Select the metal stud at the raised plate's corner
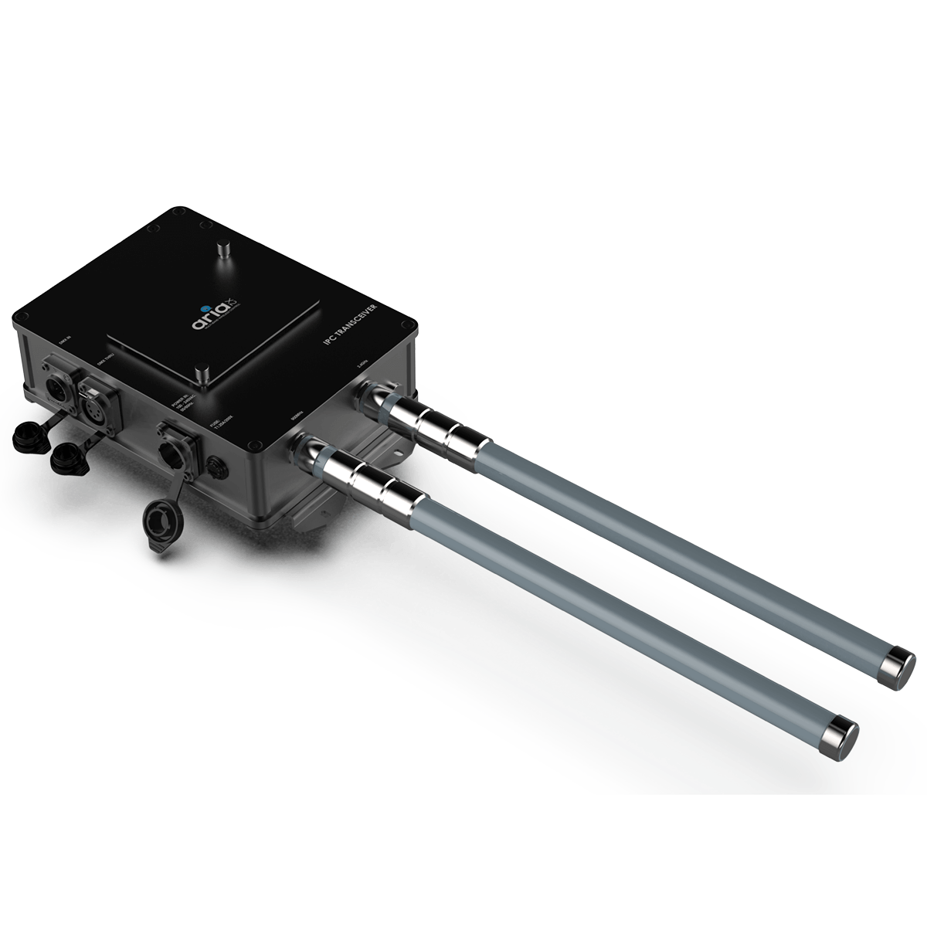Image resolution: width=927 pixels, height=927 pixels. click(202, 375)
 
